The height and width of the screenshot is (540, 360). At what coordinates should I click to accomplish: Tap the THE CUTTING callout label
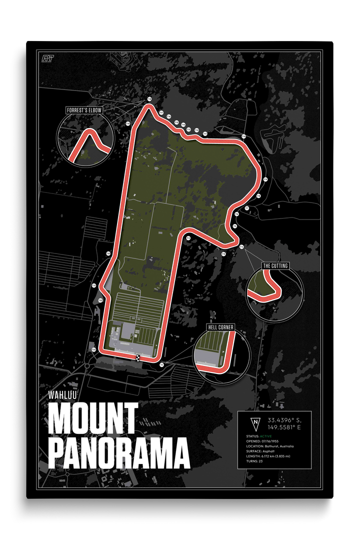tap(275, 265)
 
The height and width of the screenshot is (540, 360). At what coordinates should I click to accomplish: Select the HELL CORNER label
tap(220, 327)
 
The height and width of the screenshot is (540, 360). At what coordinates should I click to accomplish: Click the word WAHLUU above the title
tap(62, 392)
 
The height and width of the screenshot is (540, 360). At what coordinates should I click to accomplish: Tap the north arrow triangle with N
tap(255, 423)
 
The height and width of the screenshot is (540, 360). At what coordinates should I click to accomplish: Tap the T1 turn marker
tap(162, 365)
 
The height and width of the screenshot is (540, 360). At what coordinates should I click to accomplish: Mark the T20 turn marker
tap(108, 253)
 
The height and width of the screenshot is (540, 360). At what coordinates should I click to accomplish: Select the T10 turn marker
tap(244, 136)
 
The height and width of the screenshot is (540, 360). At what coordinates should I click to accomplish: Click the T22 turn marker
tap(100, 300)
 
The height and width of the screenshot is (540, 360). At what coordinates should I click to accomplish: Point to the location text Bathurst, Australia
tap(277, 446)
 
